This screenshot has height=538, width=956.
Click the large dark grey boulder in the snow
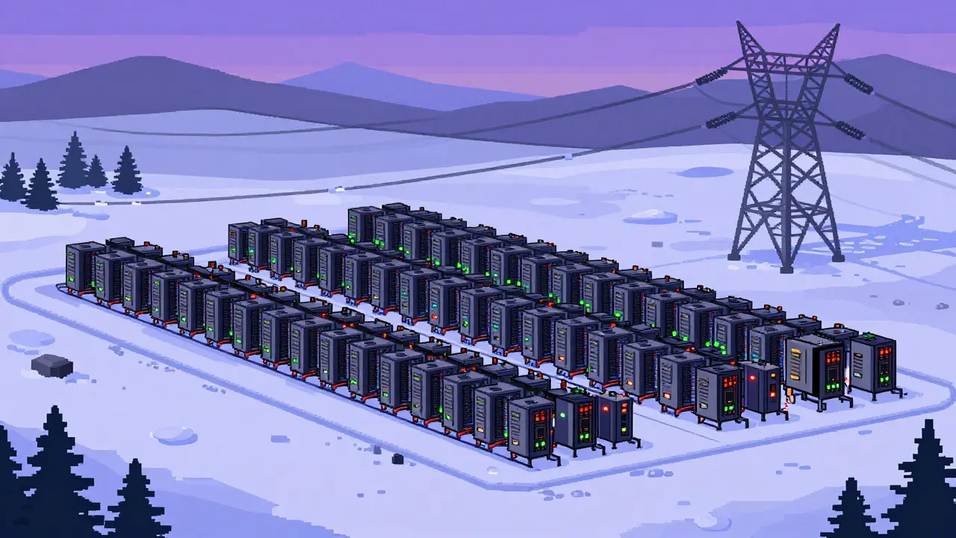coord(52,365)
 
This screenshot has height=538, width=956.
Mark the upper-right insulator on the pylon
coord(858,84)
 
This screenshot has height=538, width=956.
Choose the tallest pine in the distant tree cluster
coord(72,161)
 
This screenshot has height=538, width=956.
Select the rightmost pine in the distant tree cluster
coord(127,170)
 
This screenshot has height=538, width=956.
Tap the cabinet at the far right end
coord(872,365)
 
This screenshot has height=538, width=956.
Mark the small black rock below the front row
coord(397,459)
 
